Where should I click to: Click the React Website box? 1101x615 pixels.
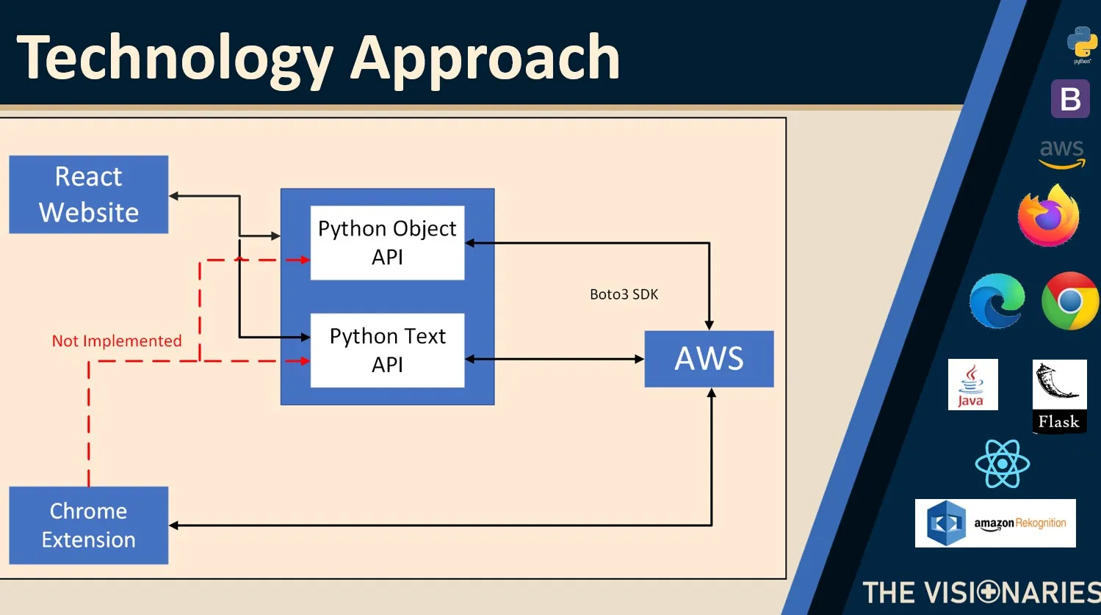(x=89, y=194)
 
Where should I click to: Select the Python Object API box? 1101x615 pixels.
(x=387, y=243)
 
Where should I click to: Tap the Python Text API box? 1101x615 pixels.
(x=387, y=350)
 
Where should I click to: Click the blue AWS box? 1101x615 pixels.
(x=709, y=359)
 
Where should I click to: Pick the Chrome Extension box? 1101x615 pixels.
(x=89, y=525)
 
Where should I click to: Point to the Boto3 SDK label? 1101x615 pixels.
(x=624, y=294)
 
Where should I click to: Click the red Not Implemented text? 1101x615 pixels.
(x=117, y=341)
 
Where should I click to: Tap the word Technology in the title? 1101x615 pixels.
(x=175, y=59)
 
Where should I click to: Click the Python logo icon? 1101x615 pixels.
(x=1082, y=43)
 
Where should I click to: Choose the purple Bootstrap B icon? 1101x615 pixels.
(x=1070, y=98)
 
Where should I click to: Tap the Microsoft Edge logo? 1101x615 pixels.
(x=997, y=301)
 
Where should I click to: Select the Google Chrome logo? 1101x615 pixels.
(x=1070, y=301)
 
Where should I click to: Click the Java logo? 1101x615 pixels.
(x=972, y=385)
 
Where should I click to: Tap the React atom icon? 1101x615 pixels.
(x=1002, y=464)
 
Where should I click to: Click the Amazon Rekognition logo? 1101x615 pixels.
(x=995, y=523)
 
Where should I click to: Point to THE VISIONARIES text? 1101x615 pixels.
(x=981, y=592)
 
